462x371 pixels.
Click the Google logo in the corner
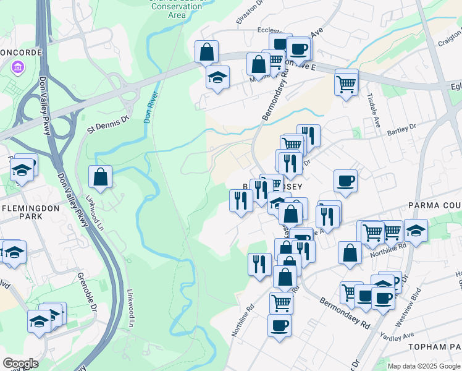pos(20,364)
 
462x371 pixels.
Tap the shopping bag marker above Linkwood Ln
pos(100,177)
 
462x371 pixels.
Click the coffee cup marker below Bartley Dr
pos(345,181)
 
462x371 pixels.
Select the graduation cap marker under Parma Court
pos(416,231)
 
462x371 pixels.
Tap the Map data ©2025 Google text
pos(424,366)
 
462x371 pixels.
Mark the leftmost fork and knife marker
pos(240,199)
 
